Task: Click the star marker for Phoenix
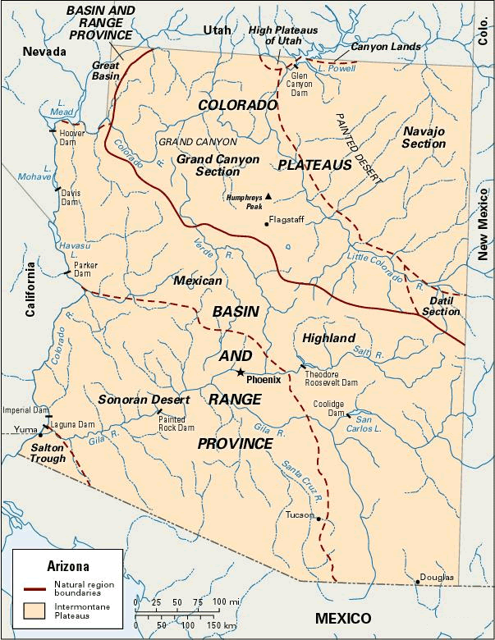click(240, 373)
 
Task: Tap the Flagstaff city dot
click(266, 223)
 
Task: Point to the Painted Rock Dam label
click(176, 423)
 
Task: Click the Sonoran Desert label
click(144, 400)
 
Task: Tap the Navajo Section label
click(424, 137)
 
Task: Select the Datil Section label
click(441, 306)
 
